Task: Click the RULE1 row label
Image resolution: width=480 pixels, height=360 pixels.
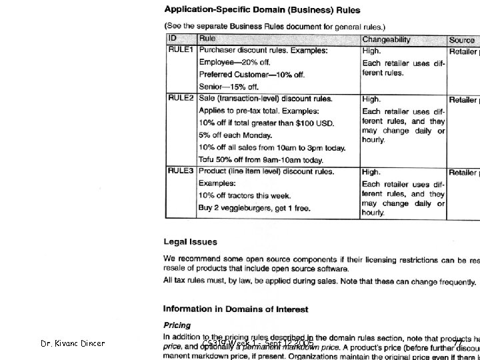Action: click(181, 50)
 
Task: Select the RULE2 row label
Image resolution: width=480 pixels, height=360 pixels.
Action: click(181, 98)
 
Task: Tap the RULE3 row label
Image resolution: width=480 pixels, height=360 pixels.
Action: click(181, 171)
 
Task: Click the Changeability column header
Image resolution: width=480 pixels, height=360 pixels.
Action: click(387, 40)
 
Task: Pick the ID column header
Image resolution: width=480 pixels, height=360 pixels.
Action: click(173, 39)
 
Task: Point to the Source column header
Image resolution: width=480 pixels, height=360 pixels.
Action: click(461, 40)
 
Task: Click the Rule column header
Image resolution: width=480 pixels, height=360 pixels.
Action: click(207, 39)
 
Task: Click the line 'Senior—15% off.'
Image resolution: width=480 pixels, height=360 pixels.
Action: click(228, 87)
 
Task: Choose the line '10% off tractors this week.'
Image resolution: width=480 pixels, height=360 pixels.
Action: click(249, 196)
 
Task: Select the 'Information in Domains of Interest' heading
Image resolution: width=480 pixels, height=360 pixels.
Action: click(236, 309)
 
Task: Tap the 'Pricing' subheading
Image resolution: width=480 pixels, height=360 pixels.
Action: click(177, 325)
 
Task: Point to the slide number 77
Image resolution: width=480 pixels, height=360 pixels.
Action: click(458, 343)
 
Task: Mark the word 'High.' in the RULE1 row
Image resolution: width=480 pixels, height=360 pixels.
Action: click(371, 51)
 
